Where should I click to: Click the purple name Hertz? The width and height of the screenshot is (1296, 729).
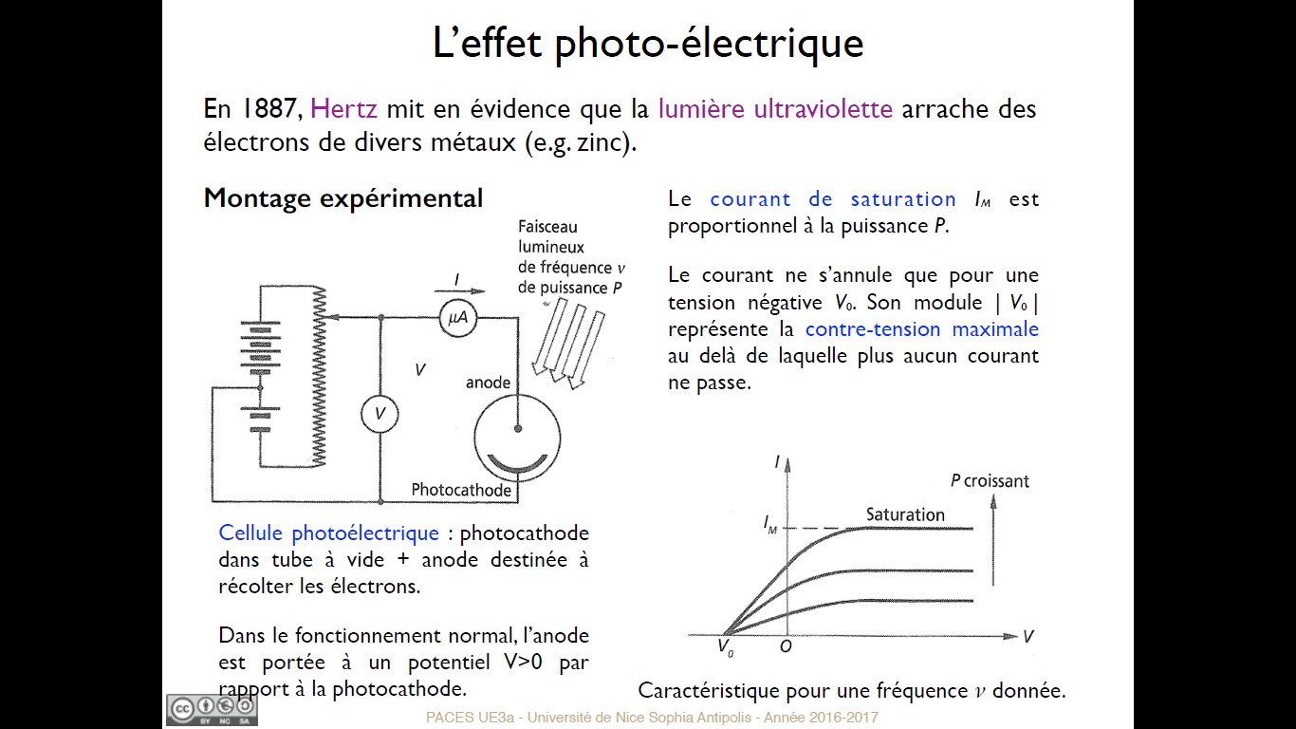coord(343,109)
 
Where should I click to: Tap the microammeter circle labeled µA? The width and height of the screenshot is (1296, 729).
coord(457,318)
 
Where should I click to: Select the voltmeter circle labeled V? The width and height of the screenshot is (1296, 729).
coord(380,414)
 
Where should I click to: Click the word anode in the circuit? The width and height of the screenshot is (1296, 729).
coord(488,383)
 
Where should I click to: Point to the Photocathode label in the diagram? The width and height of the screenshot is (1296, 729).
coord(461,490)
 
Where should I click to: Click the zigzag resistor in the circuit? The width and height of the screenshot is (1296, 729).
coord(318,377)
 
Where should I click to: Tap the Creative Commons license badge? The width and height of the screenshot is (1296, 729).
coord(213,710)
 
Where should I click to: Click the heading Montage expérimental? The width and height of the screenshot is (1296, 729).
coord(343,198)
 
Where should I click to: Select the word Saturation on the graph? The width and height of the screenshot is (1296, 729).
coord(905,514)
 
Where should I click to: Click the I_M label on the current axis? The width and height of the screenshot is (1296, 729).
coord(770,525)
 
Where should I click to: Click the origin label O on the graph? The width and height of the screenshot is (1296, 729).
coord(786,646)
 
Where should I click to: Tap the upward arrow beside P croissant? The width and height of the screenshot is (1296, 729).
coord(993,540)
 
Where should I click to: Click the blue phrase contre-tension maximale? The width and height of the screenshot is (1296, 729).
coord(921,328)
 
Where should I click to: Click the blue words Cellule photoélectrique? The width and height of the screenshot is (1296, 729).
coord(328,533)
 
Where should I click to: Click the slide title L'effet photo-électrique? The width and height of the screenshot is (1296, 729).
coord(648,43)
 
